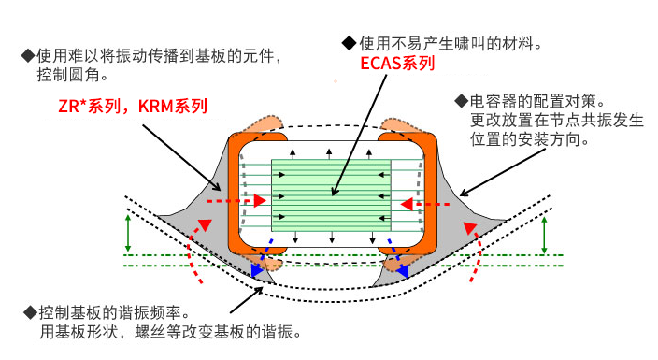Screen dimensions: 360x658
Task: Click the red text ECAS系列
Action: [x=397, y=65]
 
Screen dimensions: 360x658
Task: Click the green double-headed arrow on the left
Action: [x=127, y=233]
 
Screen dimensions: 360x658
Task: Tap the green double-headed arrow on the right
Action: [x=544, y=233]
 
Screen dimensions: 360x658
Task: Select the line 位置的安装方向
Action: [x=529, y=139]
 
